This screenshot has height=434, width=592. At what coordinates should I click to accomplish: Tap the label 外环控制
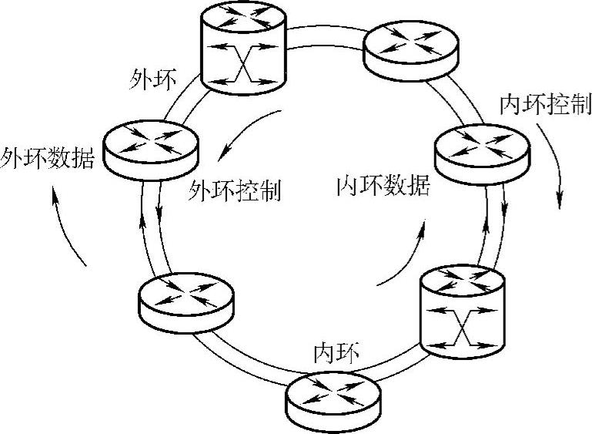coord(234,190)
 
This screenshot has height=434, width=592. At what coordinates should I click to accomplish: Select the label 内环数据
coord(383,187)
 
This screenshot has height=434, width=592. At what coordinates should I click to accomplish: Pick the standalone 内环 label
coord(336,353)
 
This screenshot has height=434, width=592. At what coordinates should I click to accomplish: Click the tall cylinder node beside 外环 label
coord(243,48)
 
